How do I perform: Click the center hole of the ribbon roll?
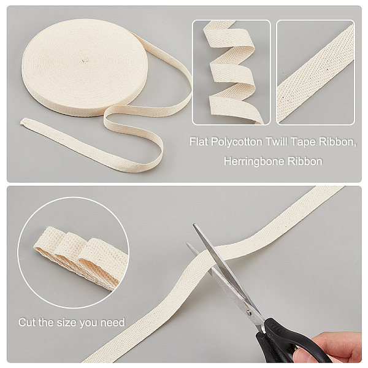click(x=84, y=61)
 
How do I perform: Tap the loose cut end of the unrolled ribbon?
click(x=23, y=122)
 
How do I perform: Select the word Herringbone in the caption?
click(x=254, y=161)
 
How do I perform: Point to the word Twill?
click(x=277, y=142)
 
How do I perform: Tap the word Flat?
click(x=199, y=142)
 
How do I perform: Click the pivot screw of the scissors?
click(x=249, y=312)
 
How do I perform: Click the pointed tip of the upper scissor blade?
click(x=194, y=224)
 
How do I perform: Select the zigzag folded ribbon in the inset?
click(x=231, y=72)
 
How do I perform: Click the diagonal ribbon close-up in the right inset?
click(x=315, y=72)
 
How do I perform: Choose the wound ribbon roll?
click(x=85, y=67)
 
